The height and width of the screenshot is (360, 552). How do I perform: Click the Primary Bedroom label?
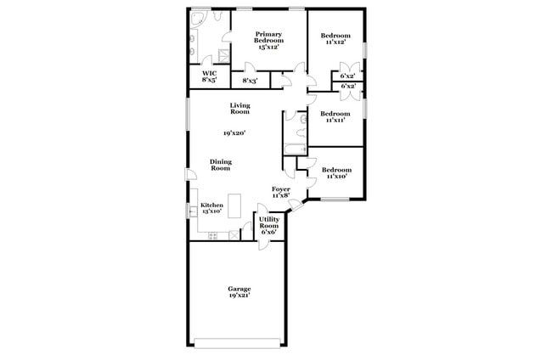[x=269, y=38]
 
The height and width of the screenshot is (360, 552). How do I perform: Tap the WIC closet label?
[x=209, y=76]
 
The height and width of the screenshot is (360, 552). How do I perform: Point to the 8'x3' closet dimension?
[x=251, y=81]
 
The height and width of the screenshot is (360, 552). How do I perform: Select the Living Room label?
[x=239, y=108]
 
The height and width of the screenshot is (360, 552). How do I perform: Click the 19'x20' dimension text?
[x=234, y=133]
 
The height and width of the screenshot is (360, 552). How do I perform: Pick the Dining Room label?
[x=221, y=165]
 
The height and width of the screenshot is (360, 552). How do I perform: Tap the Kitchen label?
[x=211, y=207]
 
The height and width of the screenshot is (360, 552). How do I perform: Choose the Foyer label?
[x=281, y=191]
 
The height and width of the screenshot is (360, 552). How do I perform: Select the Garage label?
[x=239, y=289]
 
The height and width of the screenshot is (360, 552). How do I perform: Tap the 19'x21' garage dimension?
[x=239, y=296]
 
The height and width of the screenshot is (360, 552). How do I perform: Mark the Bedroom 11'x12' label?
[x=335, y=38]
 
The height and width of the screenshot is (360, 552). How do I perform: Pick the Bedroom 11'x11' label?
[x=335, y=116]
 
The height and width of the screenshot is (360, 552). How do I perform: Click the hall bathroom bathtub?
[x=295, y=151]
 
